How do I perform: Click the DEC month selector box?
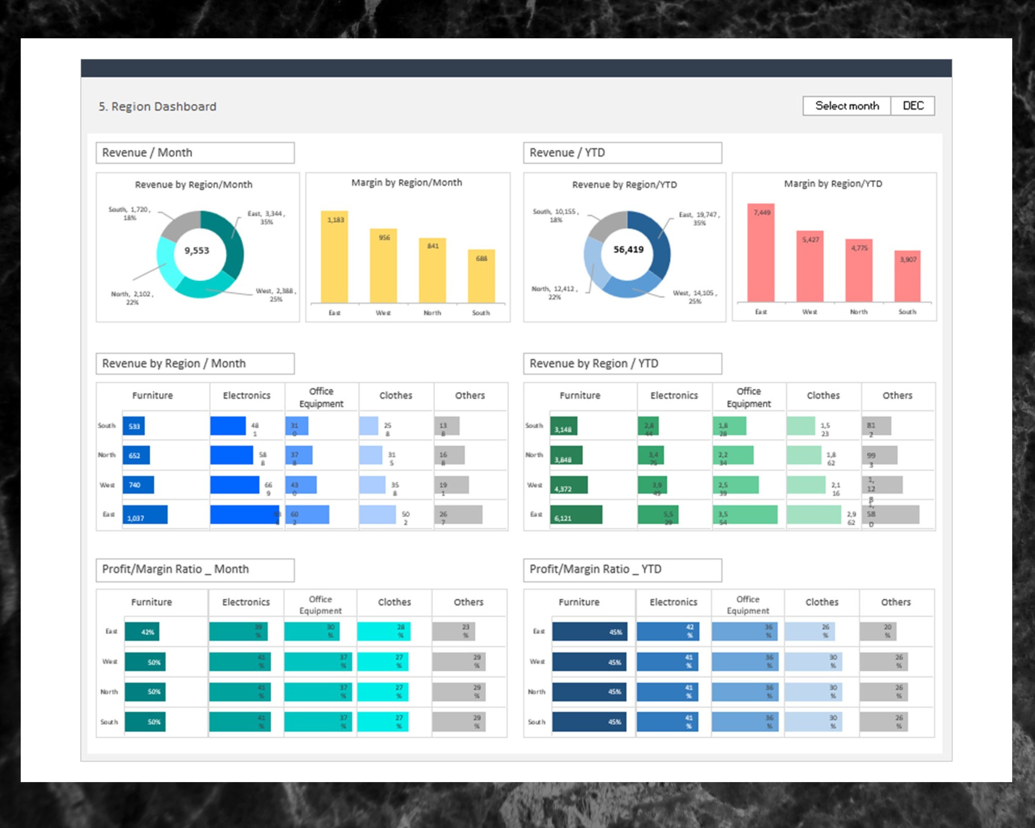coord(913,106)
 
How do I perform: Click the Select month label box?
coord(847,106)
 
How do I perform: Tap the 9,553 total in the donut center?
coord(197,250)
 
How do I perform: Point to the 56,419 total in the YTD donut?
coord(628,249)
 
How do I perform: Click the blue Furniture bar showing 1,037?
coord(145,514)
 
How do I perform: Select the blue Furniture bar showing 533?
coord(134,426)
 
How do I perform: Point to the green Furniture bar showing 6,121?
coord(576,514)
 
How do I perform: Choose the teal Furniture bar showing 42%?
coord(142,632)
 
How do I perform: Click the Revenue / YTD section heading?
coord(622,152)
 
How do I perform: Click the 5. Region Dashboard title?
coord(157,107)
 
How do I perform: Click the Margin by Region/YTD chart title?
coord(833,184)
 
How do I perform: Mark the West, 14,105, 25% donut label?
coord(694,297)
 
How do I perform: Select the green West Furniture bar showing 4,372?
coord(569,485)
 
